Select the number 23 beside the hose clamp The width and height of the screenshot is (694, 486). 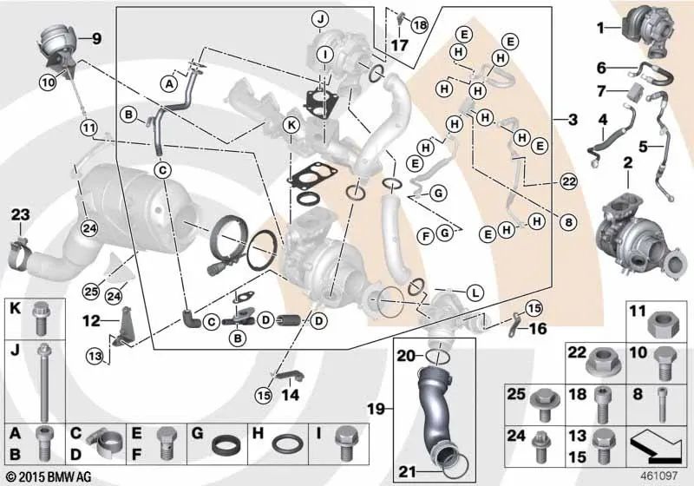20,213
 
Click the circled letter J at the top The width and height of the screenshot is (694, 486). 321,18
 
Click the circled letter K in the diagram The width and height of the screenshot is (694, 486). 291,126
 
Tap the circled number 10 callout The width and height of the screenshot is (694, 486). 46,82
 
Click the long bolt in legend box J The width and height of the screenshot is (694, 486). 43,373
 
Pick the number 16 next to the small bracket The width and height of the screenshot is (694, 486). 538,329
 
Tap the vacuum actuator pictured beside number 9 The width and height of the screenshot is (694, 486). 54,45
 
